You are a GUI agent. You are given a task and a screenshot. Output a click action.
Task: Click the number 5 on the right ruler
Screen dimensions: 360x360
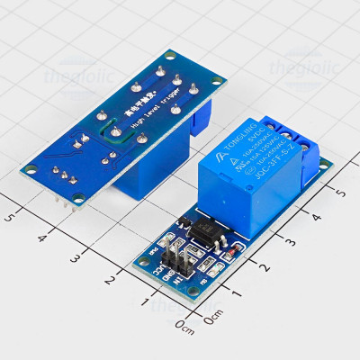tap(340, 192)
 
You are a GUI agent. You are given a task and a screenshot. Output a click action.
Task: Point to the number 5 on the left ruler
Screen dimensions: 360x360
tap(10, 216)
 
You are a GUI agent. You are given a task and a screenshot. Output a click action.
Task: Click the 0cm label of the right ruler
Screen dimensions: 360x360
tap(212, 319)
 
